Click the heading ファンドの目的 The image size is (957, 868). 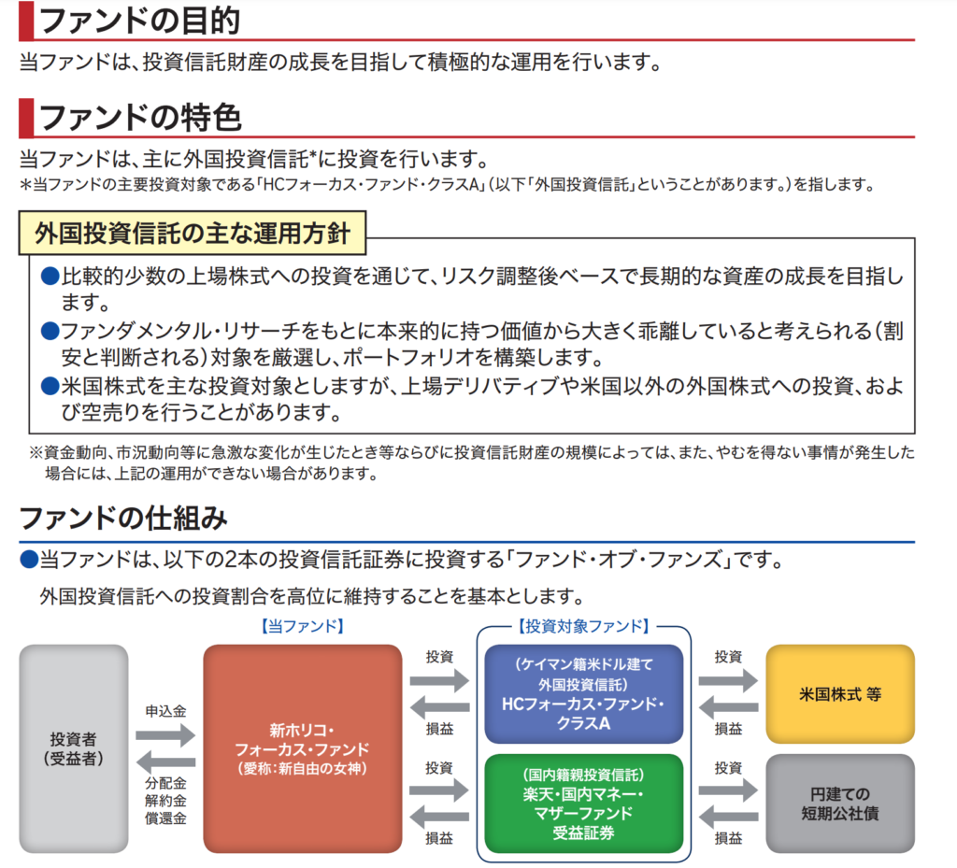click(x=140, y=20)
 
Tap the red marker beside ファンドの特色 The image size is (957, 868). click(x=26, y=117)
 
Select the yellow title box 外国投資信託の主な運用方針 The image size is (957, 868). click(x=193, y=233)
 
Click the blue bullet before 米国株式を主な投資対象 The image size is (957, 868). click(x=50, y=386)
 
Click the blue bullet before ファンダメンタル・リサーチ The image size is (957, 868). click(x=50, y=331)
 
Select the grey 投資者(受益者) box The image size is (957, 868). click(x=74, y=747)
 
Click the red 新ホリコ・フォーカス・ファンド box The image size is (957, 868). click(x=302, y=747)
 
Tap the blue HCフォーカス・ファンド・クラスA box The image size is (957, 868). click(x=584, y=694)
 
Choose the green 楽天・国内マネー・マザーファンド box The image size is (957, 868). click(x=584, y=804)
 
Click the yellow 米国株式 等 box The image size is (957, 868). click(x=840, y=694)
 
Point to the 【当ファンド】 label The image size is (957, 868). click(x=302, y=626)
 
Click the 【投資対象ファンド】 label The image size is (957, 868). click(x=583, y=626)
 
